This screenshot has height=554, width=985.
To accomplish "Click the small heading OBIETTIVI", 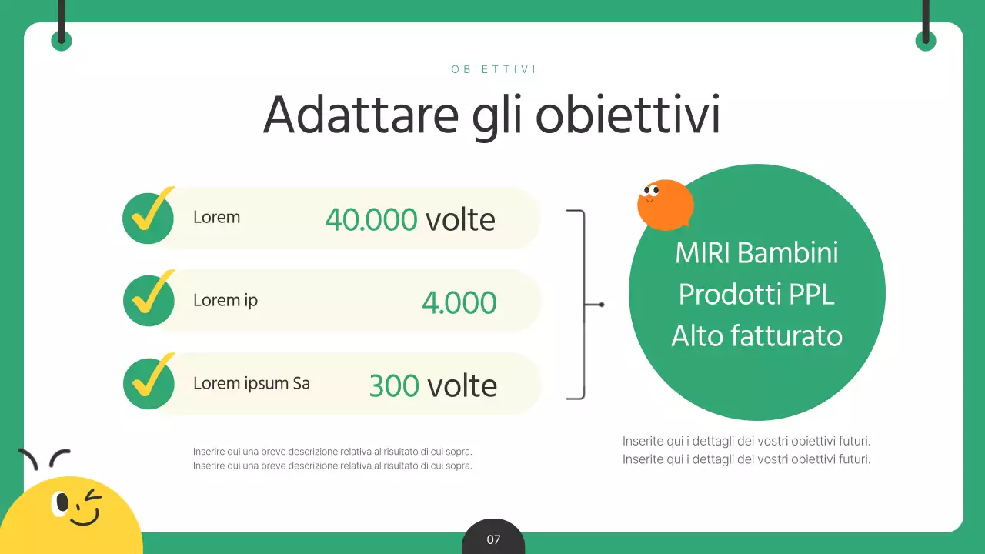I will tap(493, 69).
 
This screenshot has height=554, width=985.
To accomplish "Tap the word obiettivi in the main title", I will tap(627, 115).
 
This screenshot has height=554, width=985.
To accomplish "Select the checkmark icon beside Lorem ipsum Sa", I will tap(149, 382).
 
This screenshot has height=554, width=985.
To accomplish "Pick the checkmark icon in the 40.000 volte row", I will tap(149, 217).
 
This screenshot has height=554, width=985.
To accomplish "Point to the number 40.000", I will tap(371, 220).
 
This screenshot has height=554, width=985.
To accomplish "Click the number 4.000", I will tap(459, 303).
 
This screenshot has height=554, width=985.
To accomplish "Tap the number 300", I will tap(394, 385).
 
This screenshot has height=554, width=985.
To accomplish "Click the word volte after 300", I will tap(462, 385).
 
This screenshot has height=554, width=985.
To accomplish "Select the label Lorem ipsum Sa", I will tap(252, 383).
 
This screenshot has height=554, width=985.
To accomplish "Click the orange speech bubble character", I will tap(665, 205).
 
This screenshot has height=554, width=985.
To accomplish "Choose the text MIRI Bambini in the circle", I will tap(756, 253).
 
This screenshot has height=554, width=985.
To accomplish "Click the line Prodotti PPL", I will tap(756, 295).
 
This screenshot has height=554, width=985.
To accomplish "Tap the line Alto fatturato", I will tap(756, 336).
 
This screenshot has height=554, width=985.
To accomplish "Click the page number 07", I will tap(493, 540).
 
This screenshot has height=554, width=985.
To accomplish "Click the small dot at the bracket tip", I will tap(602, 305).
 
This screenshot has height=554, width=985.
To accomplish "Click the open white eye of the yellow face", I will tap(62, 504).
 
